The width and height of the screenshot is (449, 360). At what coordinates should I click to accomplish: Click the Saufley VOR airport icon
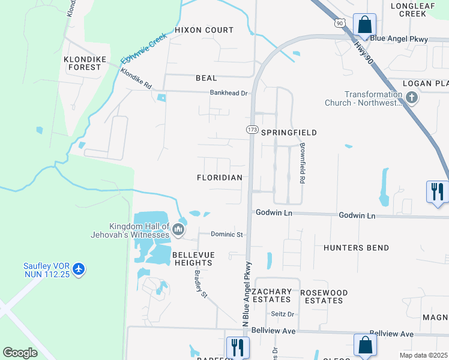(79, 270)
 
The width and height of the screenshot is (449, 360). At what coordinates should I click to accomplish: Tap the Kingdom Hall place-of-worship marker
(178, 230)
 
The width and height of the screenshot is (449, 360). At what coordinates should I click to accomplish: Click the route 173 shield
(252, 130)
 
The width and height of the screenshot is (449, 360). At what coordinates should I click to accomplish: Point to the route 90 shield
(340, 23)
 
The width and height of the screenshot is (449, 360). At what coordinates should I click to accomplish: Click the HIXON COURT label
(204, 30)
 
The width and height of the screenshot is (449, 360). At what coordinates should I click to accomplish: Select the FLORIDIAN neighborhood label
(220, 178)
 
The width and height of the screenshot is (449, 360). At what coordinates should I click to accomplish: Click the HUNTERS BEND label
(356, 248)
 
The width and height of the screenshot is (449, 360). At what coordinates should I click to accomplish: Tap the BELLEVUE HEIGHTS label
(193, 259)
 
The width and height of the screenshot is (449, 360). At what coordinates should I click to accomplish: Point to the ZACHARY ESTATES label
(272, 296)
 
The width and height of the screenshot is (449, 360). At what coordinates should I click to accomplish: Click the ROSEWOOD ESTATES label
(324, 296)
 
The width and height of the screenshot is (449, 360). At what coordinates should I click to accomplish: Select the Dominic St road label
(226, 234)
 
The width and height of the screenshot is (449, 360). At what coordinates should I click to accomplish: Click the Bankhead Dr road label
(229, 93)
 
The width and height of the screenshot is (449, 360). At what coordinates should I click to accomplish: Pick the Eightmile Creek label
(143, 50)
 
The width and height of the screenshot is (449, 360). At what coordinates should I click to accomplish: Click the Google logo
(20, 353)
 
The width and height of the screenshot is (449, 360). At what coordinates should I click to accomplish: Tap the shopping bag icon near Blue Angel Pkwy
(364, 25)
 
